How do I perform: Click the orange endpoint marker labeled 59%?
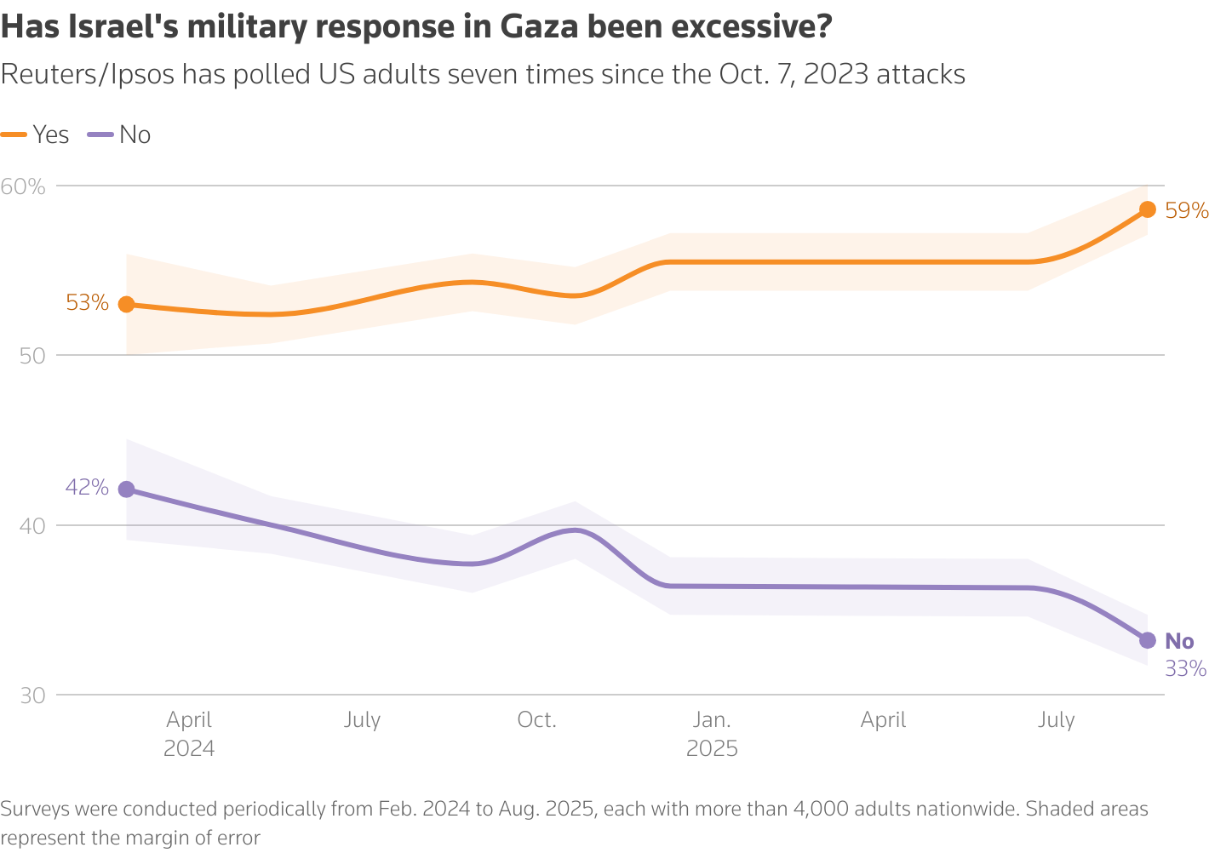(x=1147, y=209)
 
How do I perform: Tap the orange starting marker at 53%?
(x=126, y=304)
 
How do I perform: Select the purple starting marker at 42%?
(x=126, y=489)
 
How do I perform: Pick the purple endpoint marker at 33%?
(x=1147, y=640)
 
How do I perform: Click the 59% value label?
(x=1186, y=210)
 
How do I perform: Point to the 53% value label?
(x=87, y=303)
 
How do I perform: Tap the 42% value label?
(x=87, y=488)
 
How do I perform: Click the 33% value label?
(x=1185, y=669)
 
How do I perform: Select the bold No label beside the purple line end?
(x=1179, y=641)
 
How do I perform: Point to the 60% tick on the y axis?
(x=23, y=186)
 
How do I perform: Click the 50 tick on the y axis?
(x=32, y=356)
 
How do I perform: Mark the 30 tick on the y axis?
(x=32, y=696)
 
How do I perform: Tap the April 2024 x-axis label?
(x=189, y=734)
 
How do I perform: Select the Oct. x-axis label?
(x=536, y=720)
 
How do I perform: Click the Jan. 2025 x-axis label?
(x=712, y=734)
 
